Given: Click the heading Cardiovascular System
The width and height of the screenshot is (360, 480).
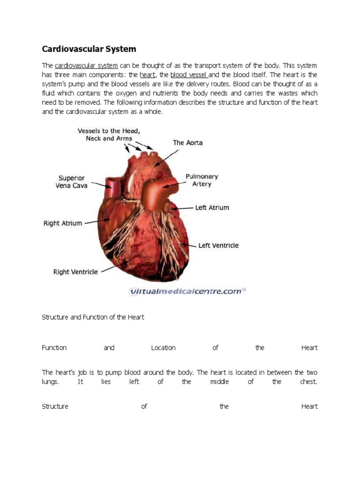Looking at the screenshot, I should pyautogui.click(x=89, y=49).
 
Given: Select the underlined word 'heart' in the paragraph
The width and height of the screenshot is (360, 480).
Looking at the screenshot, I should pyautogui.click(x=147, y=75).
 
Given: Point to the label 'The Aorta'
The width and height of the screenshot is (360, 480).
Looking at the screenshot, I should pyautogui.click(x=187, y=142).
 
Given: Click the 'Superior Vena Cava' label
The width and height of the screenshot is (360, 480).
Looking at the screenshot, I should pyautogui.click(x=72, y=182).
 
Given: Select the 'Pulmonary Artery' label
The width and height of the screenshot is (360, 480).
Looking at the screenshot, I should pyautogui.click(x=202, y=180).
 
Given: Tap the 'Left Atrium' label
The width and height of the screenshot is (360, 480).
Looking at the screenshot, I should pyautogui.click(x=212, y=207).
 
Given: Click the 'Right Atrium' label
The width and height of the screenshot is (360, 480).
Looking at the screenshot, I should pyautogui.click(x=63, y=223).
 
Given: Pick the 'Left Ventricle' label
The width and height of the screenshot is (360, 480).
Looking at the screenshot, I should pyautogui.click(x=218, y=245).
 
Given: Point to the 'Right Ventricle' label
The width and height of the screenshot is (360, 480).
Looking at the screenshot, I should pyautogui.click(x=75, y=271).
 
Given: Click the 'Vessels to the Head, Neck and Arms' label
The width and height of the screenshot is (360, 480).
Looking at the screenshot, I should pyautogui.click(x=109, y=135).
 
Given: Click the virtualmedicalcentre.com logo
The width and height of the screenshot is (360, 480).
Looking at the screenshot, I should pyautogui.click(x=187, y=291).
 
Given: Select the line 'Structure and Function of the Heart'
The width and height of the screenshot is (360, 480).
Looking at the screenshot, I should pyautogui.click(x=93, y=317).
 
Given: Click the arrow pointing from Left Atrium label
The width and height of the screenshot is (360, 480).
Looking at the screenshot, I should pyautogui.click(x=185, y=208).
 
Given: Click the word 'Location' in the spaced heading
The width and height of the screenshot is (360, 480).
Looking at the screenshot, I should pyautogui.click(x=163, y=348).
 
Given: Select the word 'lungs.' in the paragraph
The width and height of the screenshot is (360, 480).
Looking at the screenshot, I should pyautogui.click(x=51, y=382).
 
